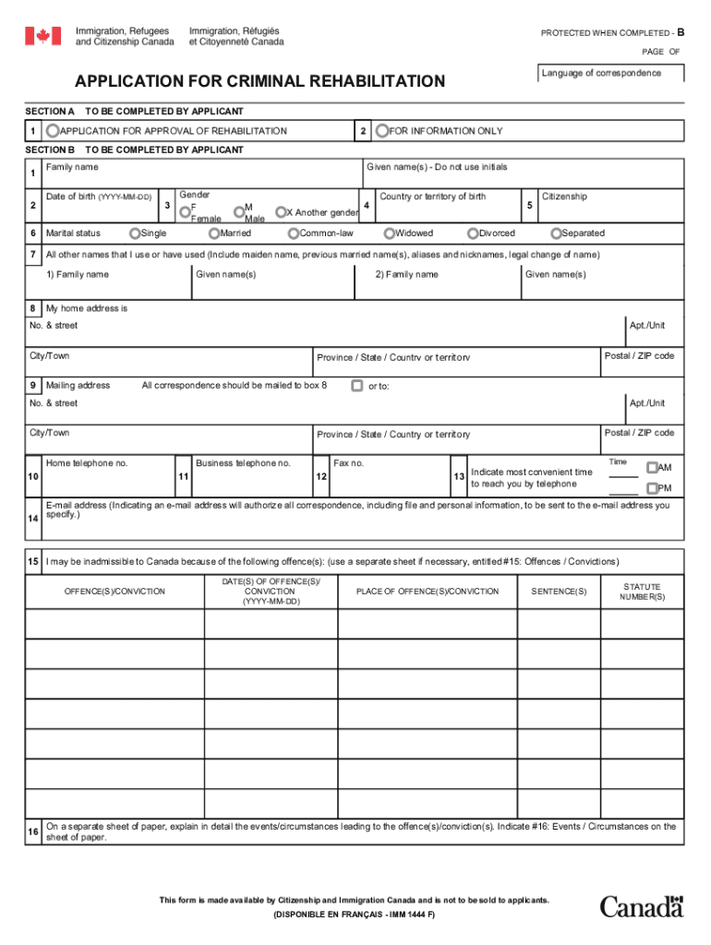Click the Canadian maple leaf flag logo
(x=42, y=36)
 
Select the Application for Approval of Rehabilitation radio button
(x=54, y=131)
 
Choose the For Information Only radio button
(x=382, y=131)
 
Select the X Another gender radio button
(x=281, y=212)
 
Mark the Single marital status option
(x=136, y=233)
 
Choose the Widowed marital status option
(x=390, y=233)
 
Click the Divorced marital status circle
(x=474, y=233)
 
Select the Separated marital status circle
(x=556, y=233)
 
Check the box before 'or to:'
(x=356, y=386)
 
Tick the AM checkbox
(x=652, y=468)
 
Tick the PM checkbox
(x=652, y=488)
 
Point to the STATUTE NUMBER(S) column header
(x=642, y=592)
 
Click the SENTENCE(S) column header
(x=559, y=592)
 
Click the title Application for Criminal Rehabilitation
(x=260, y=82)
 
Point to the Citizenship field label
(x=564, y=197)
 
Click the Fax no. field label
(x=348, y=462)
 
